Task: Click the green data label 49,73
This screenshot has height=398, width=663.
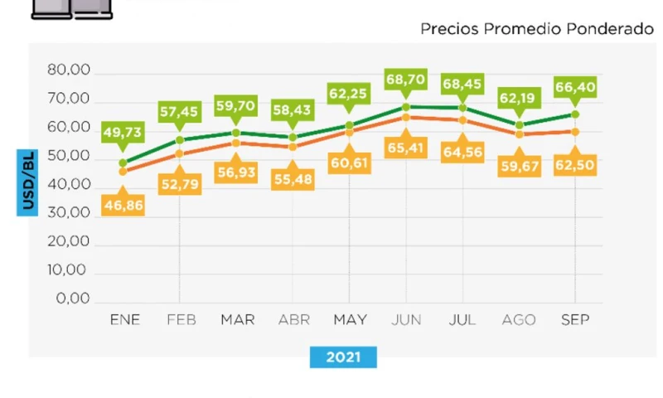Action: (123, 133)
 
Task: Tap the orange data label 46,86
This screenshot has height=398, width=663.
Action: (123, 205)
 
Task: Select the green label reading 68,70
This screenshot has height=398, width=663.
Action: (405, 80)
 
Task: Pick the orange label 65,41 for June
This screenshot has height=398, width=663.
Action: (405, 148)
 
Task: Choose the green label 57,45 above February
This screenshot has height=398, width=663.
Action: (180, 109)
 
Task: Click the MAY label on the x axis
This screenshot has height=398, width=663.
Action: (350, 320)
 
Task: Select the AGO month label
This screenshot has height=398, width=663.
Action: (519, 320)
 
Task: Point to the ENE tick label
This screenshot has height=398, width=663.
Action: (124, 320)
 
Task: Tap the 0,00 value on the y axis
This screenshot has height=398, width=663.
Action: (73, 298)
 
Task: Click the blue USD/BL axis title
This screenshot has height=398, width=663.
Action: (28, 182)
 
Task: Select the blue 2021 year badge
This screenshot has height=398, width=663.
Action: (343, 357)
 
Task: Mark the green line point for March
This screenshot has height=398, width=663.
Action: (236, 133)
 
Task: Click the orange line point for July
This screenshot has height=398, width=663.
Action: (462, 120)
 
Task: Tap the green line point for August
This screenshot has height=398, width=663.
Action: (519, 125)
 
